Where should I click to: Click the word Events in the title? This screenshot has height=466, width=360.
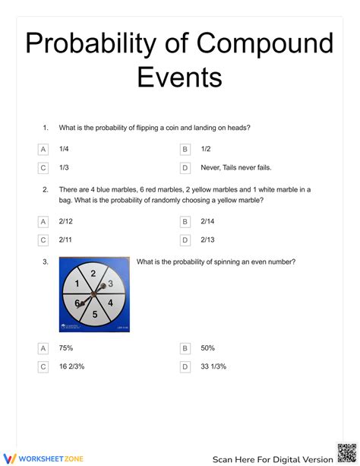pyautogui.click(x=180, y=78)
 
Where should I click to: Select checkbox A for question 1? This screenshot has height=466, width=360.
pyautogui.click(x=43, y=150)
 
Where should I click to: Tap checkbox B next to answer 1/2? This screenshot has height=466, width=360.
pyautogui.click(x=185, y=150)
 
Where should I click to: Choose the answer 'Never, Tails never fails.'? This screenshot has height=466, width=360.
pyautogui.click(x=236, y=168)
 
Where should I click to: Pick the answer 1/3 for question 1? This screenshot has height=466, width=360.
pyautogui.click(x=64, y=168)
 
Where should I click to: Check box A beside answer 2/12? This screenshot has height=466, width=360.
pyautogui.click(x=43, y=222)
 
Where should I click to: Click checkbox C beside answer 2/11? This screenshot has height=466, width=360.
pyautogui.click(x=43, y=240)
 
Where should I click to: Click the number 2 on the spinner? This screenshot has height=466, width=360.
pyautogui.click(x=93, y=274)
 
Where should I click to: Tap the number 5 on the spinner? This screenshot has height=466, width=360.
pyautogui.click(x=95, y=314)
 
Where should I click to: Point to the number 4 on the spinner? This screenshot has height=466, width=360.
pyautogui.click(x=110, y=303)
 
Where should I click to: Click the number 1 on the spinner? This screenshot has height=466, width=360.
pyautogui.click(x=77, y=284)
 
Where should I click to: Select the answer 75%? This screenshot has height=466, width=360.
pyautogui.click(x=65, y=348)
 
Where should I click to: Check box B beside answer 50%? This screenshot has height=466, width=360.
pyautogui.click(x=185, y=348)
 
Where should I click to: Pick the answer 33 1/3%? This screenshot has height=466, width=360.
pyautogui.click(x=213, y=366)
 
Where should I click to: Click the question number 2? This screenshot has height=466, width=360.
pyautogui.click(x=46, y=189)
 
